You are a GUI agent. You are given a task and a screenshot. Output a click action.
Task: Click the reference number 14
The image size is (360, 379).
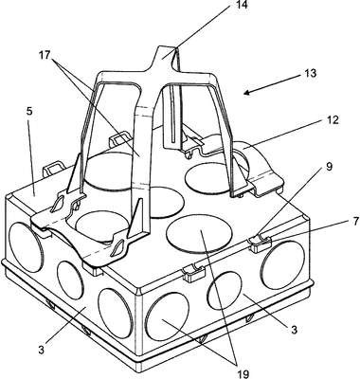click(x=238, y=5)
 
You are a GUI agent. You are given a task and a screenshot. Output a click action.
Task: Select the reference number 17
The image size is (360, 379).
click(x=45, y=55)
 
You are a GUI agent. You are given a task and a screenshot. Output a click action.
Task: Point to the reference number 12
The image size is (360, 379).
click(x=332, y=119)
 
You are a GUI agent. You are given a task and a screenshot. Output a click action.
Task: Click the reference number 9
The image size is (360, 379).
click(x=330, y=167)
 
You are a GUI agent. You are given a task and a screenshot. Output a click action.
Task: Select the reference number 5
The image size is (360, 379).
click(x=28, y=112)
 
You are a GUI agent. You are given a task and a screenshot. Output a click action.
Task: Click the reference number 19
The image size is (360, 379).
click(x=243, y=374)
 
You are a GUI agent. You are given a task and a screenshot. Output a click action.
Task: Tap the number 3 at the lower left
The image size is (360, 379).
click(x=42, y=350)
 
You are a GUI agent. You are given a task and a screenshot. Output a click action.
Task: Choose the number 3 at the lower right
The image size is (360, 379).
click(x=294, y=330)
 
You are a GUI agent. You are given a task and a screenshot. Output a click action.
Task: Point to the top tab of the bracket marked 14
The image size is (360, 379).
click(x=166, y=55)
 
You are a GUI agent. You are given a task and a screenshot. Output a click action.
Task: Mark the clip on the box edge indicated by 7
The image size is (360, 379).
click(x=261, y=244)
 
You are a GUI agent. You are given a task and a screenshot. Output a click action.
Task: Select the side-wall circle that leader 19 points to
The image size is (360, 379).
click(x=168, y=315)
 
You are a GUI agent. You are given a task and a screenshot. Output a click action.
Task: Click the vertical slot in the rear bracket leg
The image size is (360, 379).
click(x=172, y=114)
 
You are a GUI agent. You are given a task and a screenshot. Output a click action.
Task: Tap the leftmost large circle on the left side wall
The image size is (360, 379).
click(x=25, y=247)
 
